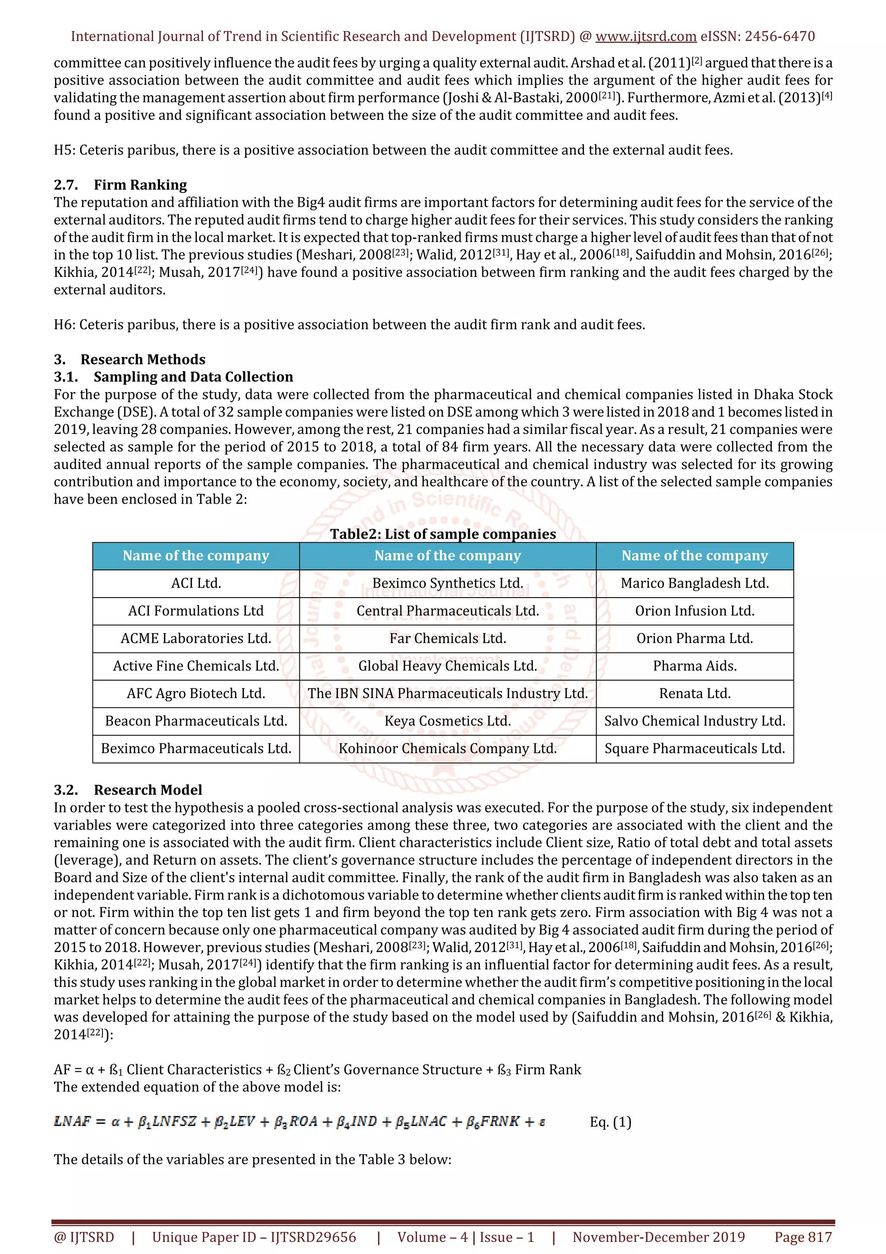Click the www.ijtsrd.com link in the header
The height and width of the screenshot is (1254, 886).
[645, 37]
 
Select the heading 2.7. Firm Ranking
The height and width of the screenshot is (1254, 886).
[120, 185]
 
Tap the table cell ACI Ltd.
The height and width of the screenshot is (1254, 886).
[196, 583]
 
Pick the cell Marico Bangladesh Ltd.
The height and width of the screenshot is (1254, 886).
[694, 583]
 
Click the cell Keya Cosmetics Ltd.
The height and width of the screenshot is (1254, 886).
[448, 721]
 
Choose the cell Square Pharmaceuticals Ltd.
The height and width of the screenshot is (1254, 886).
[694, 748]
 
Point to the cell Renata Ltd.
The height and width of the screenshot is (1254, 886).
[694, 694]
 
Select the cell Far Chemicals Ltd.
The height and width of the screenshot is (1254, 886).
[448, 639]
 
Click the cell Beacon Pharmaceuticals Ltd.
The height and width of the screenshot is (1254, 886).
[196, 721]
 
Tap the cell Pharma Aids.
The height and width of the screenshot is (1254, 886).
[694, 666]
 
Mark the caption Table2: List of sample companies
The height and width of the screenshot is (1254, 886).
[443, 534]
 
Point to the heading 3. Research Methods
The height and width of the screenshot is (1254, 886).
[129, 360]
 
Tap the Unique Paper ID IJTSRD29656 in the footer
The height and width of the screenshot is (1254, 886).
[254, 1237]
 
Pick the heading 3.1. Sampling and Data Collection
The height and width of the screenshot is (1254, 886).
[173, 377]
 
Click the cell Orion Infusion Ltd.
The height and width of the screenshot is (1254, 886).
[694, 611]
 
